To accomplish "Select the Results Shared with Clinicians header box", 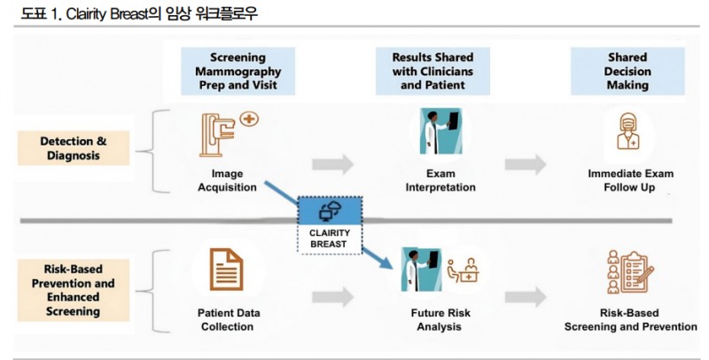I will (434, 71).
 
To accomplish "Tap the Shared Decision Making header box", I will (627, 71).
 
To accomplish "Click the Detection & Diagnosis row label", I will (73, 148).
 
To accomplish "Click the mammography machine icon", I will (225, 131).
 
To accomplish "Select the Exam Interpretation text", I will (440, 180).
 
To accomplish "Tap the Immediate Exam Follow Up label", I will (628, 180).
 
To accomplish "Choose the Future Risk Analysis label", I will (440, 319).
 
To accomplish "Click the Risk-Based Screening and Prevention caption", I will (630, 319).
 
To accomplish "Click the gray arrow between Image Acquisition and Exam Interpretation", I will (332, 164).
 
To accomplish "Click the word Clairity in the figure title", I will (70, 13).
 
